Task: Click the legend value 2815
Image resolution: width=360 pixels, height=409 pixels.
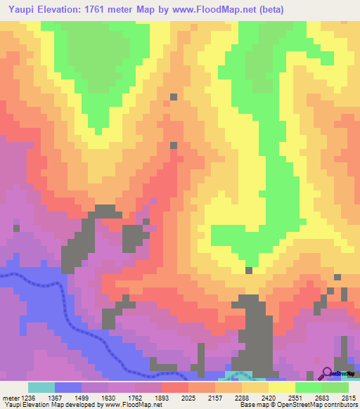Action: point(349,397)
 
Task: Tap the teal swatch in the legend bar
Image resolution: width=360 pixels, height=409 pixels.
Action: point(41,387)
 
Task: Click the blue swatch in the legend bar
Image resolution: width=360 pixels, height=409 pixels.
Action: point(68,387)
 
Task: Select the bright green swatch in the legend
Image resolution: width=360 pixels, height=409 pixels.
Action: point(309,387)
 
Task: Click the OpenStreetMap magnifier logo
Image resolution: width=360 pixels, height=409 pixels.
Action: point(327,373)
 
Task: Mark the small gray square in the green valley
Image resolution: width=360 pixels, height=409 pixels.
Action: point(248,270)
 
